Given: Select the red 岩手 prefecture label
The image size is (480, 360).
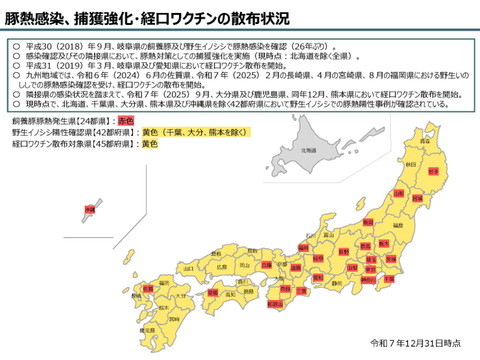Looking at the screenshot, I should pyautogui.click(x=433, y=171).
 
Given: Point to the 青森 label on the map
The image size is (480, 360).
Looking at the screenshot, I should pyautogui.click(x=425, y=141).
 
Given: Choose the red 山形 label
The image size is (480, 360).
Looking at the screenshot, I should pyautogui.click(x=398, y=193).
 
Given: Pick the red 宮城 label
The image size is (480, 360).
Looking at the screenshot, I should pyautogui.click(x=417, y=198).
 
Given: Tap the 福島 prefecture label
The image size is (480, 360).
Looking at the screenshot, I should pyautogui.click(x=398, y=225).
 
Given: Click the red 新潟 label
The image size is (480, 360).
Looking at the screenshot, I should pyautogui.click(x=368, y=222).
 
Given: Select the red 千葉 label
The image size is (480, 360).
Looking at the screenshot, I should pyautogui.click(x=389, y=279).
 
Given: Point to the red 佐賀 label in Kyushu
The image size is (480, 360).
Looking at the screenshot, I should pyautogui.click(x=148, y=288).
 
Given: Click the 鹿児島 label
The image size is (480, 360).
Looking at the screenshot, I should pyautogui.click(x=147, y=330).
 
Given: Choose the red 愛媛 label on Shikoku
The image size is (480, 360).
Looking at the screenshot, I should pyautogui.click(x=213, y=292).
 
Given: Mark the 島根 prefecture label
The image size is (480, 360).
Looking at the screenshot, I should pyautogui.click(x=216, y=254).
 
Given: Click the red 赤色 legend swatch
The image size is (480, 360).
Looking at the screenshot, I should pyautogui.click(x=126, y=120).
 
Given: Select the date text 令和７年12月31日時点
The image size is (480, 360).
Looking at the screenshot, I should pyautogui.click(x=415, y=343).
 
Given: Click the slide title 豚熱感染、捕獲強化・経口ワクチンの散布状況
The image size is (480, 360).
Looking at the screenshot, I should pyautogui.click(x=147, y=18).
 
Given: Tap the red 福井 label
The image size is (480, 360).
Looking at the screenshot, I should pyautogui.click(x=303, y=247).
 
